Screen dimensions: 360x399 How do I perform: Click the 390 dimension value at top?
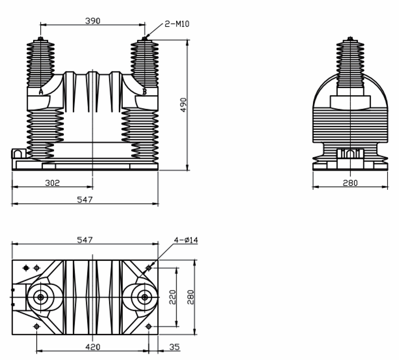pos(93,21)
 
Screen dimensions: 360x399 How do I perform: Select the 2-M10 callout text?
pos(177,24)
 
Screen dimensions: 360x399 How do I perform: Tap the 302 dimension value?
pos(52,183)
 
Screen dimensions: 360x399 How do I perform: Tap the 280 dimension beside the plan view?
pos(190,297)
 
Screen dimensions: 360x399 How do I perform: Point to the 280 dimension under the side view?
pos(350,183)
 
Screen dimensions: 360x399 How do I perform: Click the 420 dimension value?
pos(93,346)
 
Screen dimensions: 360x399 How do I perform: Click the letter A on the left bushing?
pos(41,92)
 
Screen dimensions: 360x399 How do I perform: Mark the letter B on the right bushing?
pos(144,92)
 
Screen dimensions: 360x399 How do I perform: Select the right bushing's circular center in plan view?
pos(145,297)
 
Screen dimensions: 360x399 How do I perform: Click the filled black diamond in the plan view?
pos(26,267)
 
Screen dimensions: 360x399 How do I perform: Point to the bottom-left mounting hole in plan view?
pos(36,327)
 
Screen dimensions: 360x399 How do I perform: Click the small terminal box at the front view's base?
pos(19,153)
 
